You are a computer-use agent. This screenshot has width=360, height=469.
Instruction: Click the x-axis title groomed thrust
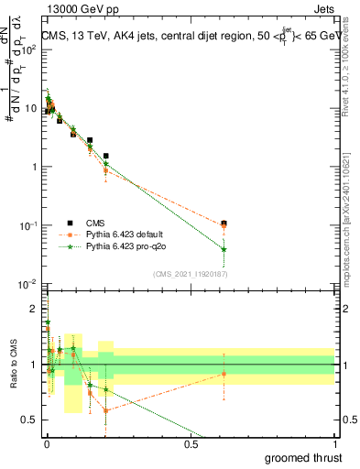click(304, 457)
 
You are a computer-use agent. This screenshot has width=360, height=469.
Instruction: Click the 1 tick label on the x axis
click(335, 444)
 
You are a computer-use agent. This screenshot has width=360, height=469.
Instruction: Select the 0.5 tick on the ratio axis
click(29, 420)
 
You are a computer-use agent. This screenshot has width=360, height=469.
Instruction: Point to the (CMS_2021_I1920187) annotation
click(190, 274)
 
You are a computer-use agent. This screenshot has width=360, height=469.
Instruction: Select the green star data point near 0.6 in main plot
click(224, 249)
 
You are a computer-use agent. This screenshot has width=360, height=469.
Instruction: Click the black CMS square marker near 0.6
click(224, 223)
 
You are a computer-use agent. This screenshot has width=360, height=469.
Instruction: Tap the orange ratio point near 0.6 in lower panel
click(224, 374)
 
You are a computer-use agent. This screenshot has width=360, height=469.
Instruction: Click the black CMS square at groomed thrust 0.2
click(106, 156)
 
